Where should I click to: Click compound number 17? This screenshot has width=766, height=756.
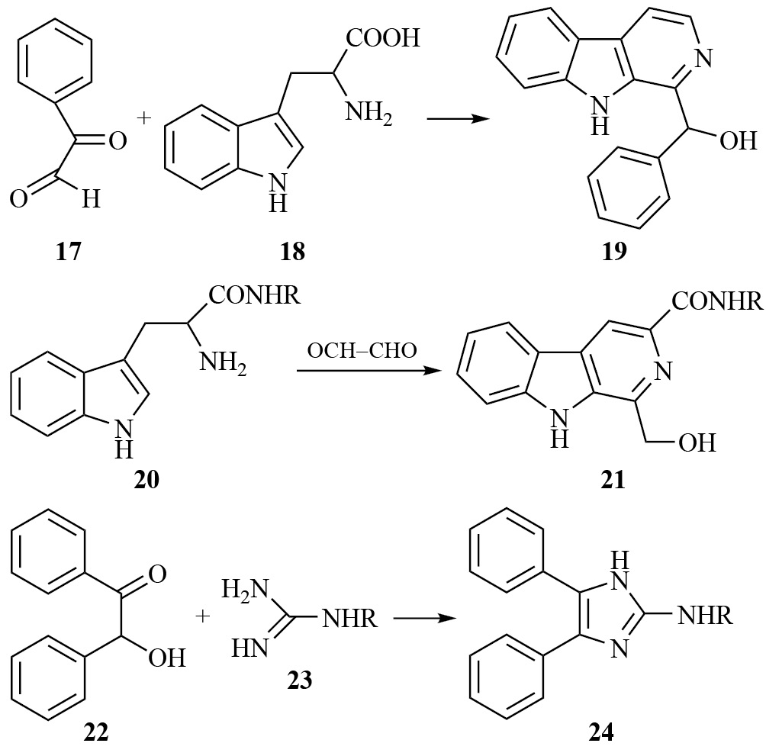[x=68, y=251]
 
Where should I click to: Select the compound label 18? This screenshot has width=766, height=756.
[x=292, y=251]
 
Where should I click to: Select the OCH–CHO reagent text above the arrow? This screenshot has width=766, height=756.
[x=362, y=352]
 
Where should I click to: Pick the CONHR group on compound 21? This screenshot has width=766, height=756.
[x=711, y=303]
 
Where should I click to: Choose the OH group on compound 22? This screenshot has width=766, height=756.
[x=166, y=657]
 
